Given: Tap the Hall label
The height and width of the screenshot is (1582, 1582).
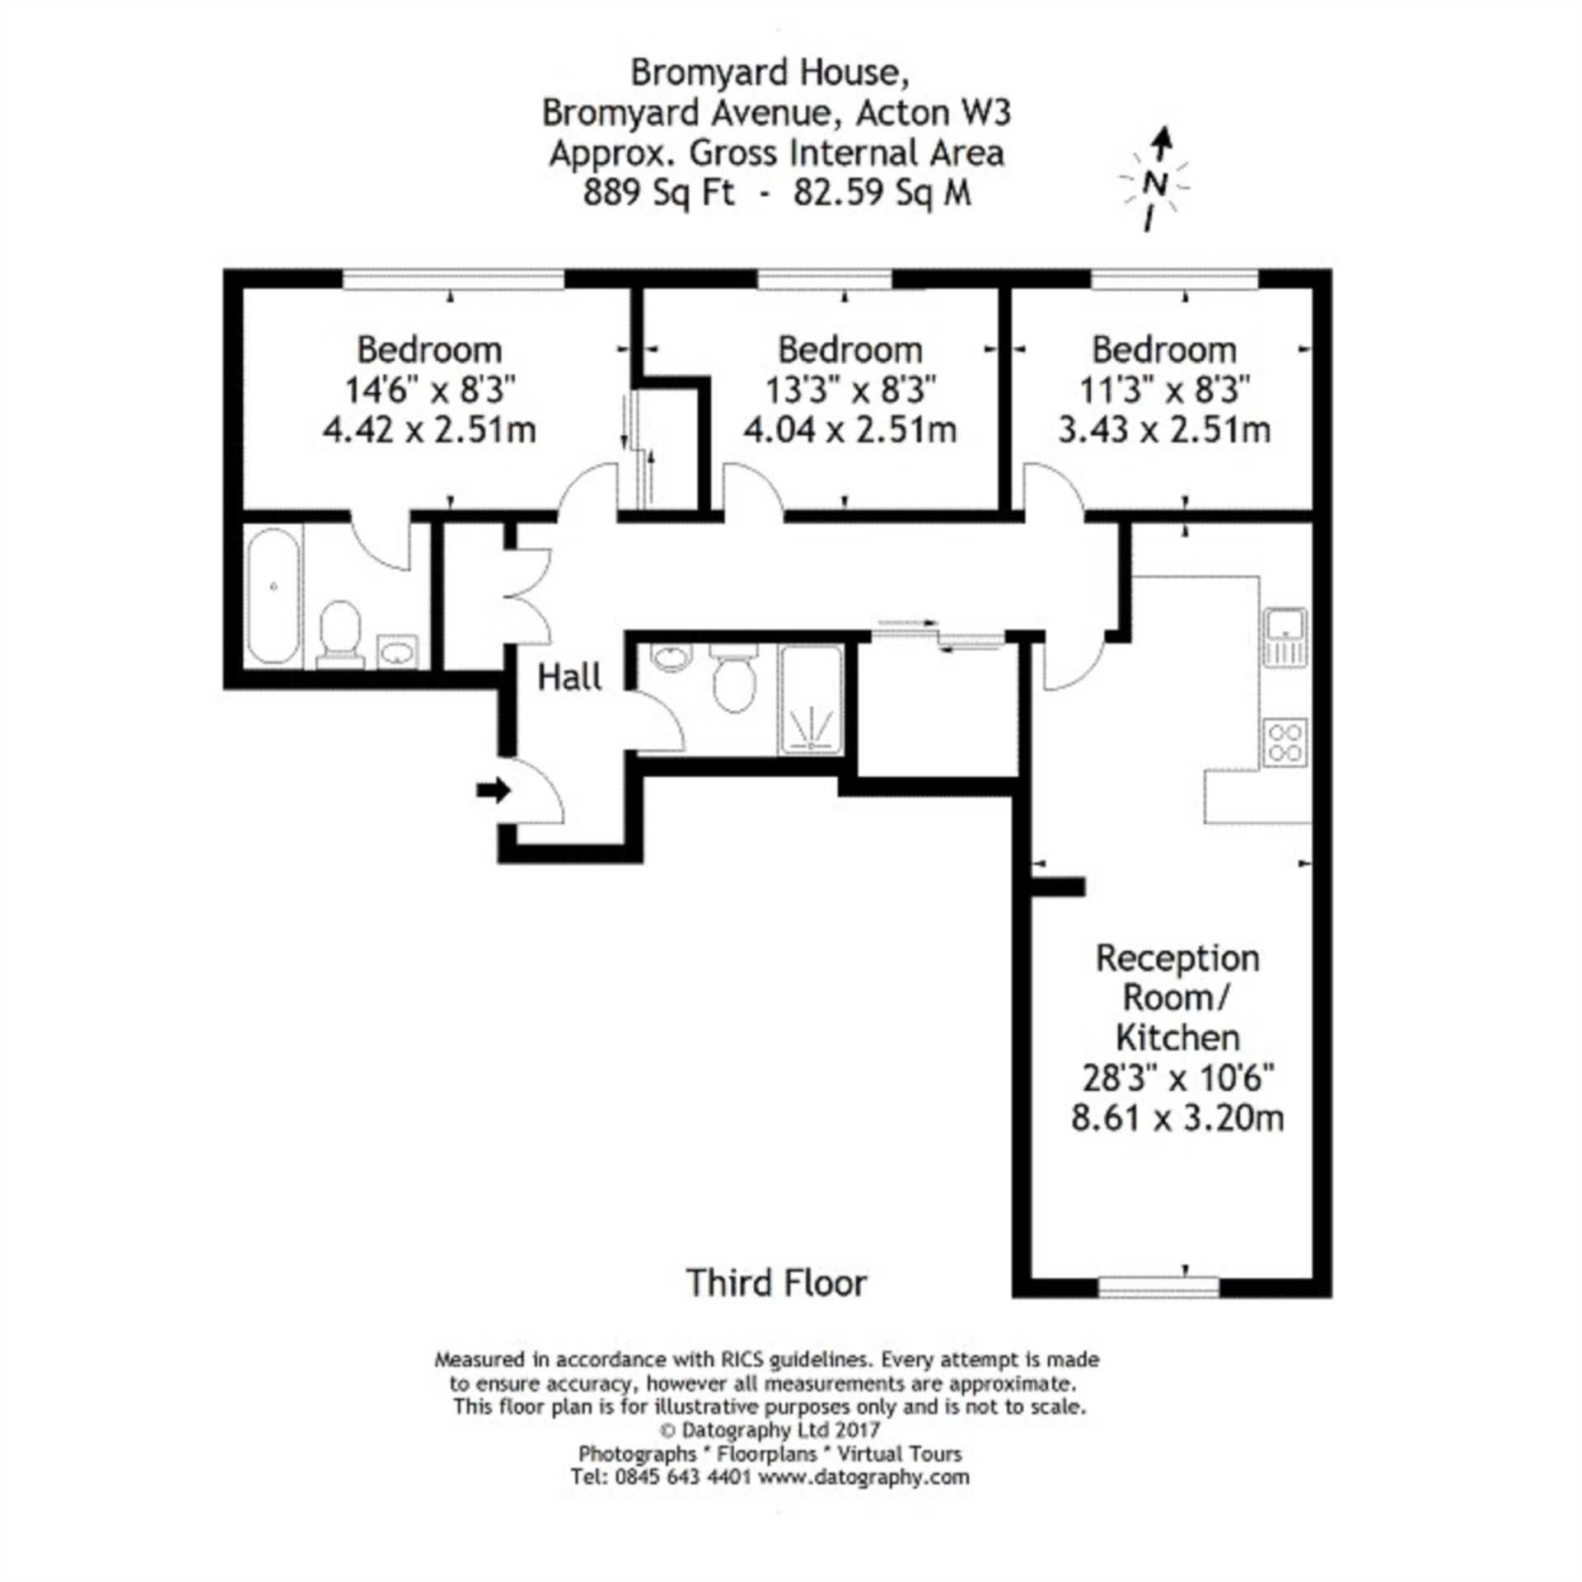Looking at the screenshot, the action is pyautogui.click(x=569, y=677).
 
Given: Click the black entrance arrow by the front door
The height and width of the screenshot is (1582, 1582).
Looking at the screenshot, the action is pyautogui.click(x=494, y=791).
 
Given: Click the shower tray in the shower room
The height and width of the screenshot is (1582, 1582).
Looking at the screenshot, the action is pyautogui.click(x=812, y=700).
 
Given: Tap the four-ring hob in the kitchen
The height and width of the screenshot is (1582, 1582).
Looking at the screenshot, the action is pyautogui.click(x=1285, y=742).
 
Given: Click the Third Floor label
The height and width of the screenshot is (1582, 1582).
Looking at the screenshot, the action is pyautogui.click(x=777, y=1283).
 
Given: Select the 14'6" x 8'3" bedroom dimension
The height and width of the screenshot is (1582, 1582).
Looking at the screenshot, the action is pyautogui.click(x=429, y=390).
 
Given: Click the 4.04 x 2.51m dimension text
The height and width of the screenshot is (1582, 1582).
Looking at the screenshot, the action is pyautogui.click(x=850, y=429).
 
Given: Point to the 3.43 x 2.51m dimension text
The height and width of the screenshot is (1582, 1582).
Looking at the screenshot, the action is pyautogui.click(x=1164, y=429).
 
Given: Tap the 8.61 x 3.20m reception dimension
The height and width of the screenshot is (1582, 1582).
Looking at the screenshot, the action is pyautogui.click(x=1177, y=1118).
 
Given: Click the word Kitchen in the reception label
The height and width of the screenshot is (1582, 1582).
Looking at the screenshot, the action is pyautogui.click(x=1177, y=1037).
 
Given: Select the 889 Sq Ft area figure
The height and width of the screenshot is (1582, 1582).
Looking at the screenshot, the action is pyautogui.click(x=658, y=193).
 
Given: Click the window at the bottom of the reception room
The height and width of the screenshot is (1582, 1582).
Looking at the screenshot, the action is pyautogui.click(x=1159, y=1286).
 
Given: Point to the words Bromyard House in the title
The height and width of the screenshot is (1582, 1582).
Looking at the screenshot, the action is pyautogui.click(x=770, y=73).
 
